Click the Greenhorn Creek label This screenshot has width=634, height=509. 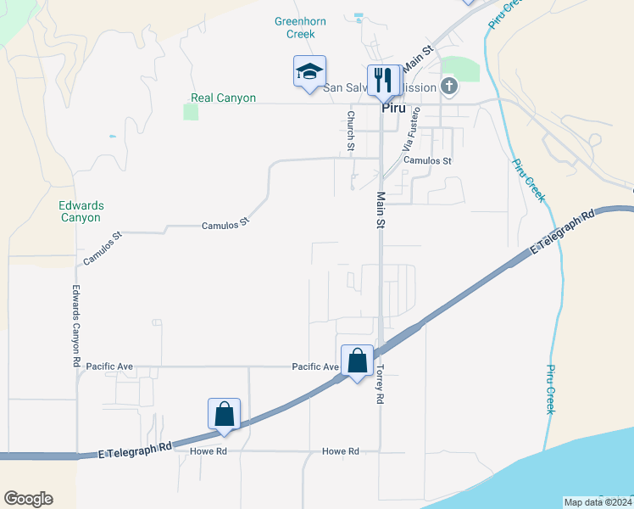295,28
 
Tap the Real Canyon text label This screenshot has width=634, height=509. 224,98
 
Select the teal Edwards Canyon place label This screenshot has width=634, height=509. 81,211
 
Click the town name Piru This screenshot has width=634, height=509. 394,109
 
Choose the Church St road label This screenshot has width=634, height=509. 351,131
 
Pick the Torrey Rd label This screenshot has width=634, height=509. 380,384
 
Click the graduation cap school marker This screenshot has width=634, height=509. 310,73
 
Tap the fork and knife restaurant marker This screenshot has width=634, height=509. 384,81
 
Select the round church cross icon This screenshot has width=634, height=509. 449,86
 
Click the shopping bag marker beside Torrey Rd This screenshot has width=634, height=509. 358,361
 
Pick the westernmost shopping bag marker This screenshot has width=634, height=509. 225,415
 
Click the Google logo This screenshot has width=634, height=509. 28,499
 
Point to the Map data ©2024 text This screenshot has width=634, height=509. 597,502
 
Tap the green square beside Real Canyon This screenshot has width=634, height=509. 191,112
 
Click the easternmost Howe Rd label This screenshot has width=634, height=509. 341,451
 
